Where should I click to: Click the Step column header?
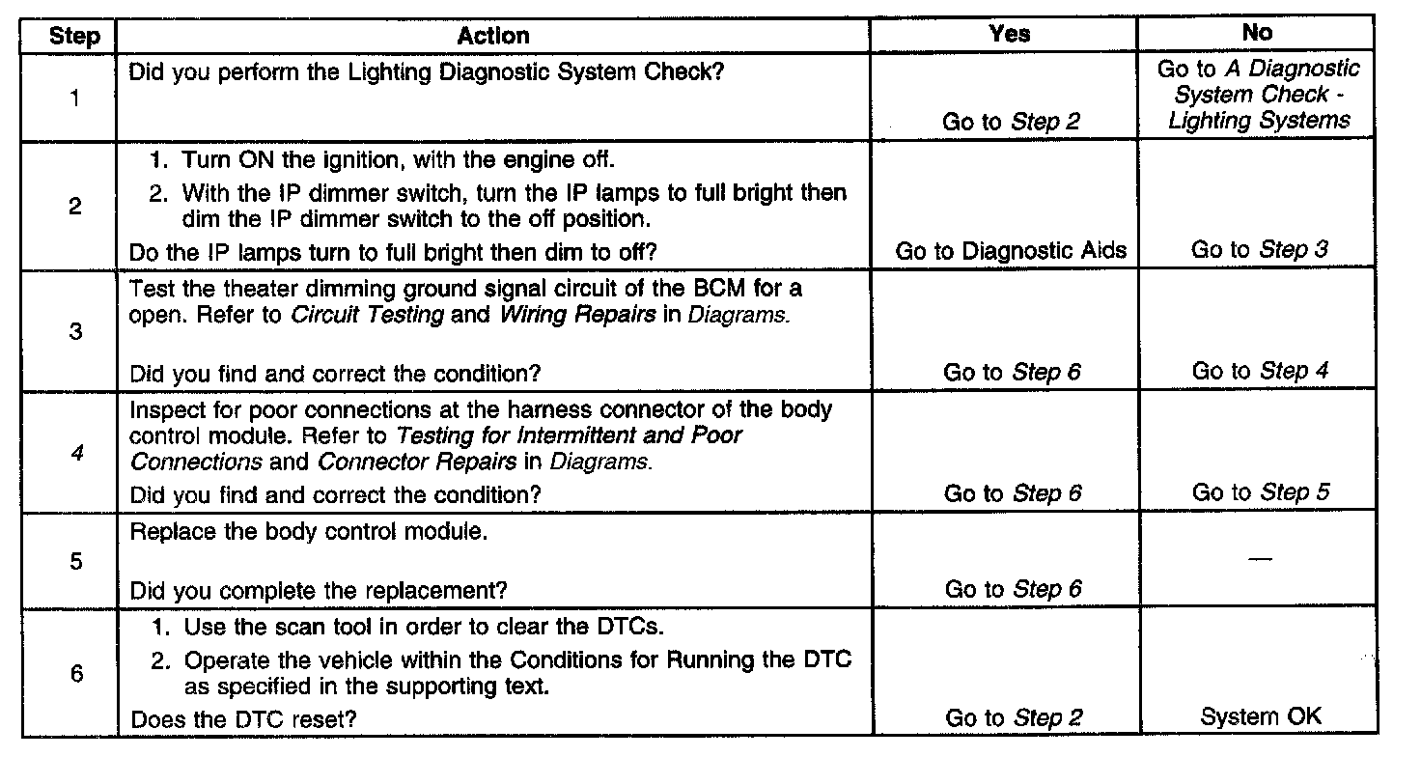tap(73, 37)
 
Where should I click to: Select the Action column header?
tap(493, 36)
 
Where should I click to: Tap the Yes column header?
tap(1009, 34)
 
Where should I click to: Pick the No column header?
tap(1257, 33)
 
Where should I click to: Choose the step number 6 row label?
tap(76, 673)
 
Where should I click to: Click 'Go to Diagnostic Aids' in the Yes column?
tap(1011, 250)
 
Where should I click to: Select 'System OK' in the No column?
tap(1261, 716)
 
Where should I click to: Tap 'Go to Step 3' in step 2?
tap(1260, 250)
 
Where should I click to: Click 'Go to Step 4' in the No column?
tap(1261, 372)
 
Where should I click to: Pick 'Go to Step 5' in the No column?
tap(1261, 492)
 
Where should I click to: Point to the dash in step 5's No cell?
tap(1260, 560)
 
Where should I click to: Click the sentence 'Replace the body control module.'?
tap(308, 532)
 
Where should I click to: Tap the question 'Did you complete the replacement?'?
tap(319, 589)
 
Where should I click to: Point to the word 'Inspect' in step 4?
tap(163, 409)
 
